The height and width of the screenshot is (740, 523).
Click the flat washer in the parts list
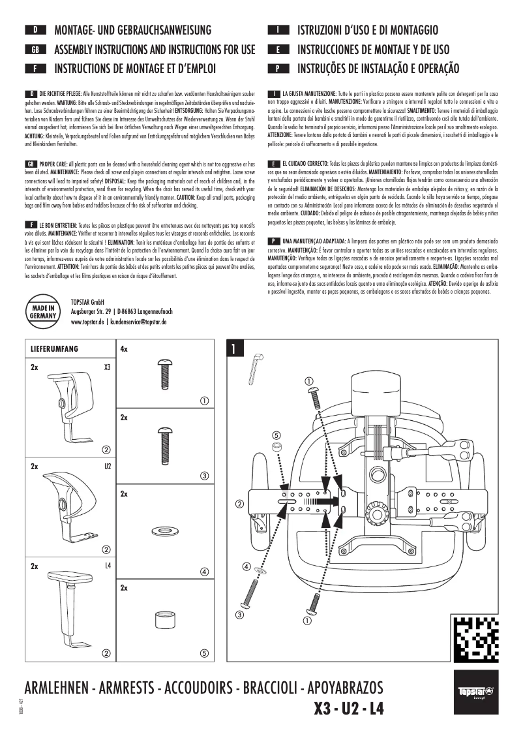point(160,529)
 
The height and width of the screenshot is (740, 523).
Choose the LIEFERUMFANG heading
point(55,349)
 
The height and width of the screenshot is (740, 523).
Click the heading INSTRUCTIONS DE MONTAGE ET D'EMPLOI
point(135,69)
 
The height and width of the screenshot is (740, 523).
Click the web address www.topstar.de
point(88,322)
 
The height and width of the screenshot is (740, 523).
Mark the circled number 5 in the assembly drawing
point(276,435)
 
